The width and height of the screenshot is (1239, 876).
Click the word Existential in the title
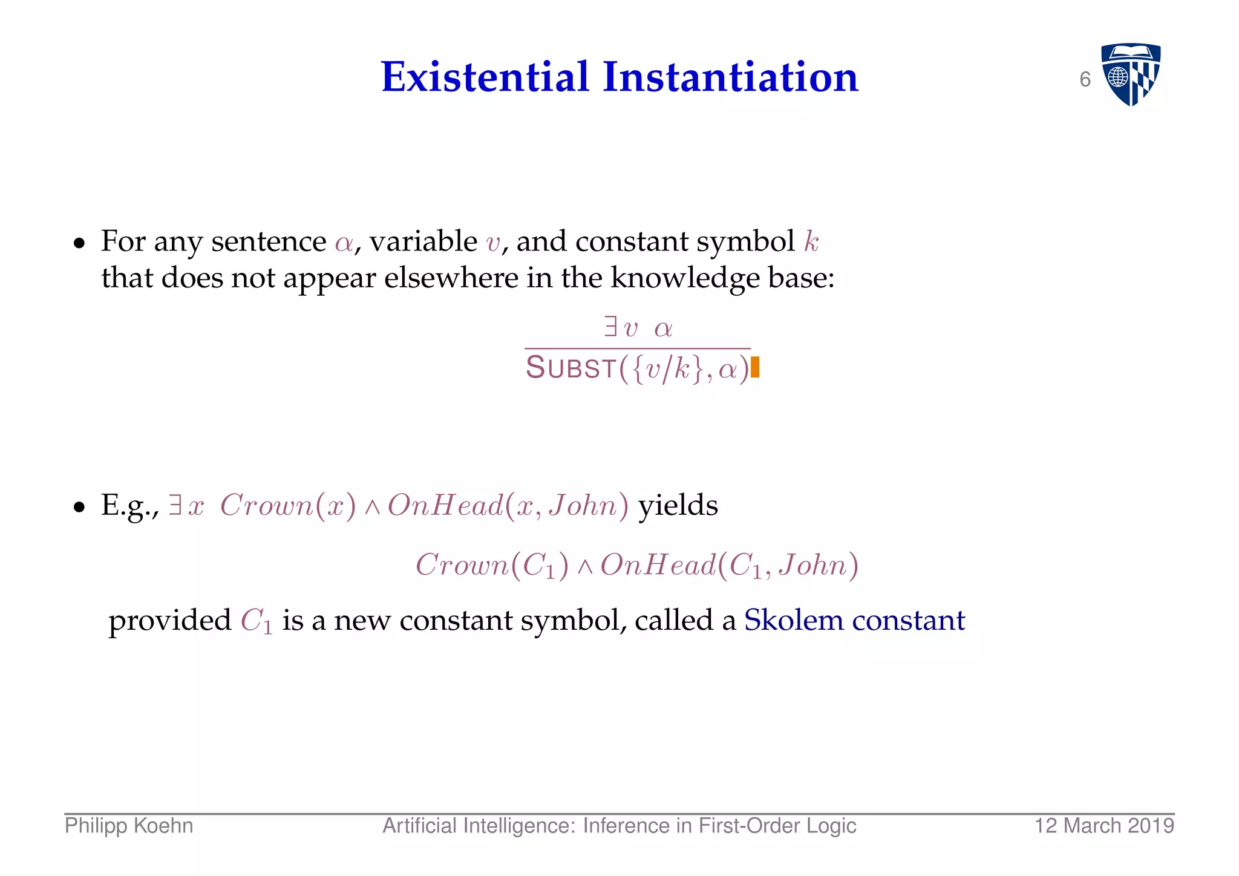485,77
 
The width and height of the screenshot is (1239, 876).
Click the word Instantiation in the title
730,77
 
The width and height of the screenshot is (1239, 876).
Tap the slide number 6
1085,80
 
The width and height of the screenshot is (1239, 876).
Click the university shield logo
1130,74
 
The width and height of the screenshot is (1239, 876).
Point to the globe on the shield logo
1118,77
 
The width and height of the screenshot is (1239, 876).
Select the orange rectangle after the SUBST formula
755,368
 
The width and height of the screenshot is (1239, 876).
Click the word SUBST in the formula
570,368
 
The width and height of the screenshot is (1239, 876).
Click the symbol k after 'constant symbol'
811,242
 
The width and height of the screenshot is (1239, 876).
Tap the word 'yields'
678,505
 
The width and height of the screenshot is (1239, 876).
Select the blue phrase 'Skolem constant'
854,620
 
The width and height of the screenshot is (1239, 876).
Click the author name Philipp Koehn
129,826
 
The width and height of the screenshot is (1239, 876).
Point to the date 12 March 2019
1104,826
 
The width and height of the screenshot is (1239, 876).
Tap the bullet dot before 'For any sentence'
79,244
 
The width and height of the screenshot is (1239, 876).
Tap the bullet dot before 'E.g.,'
79,508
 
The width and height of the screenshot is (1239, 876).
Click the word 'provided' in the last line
170,621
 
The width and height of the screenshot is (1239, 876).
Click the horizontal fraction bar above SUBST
638,348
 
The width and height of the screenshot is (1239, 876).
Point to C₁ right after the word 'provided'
257,621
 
